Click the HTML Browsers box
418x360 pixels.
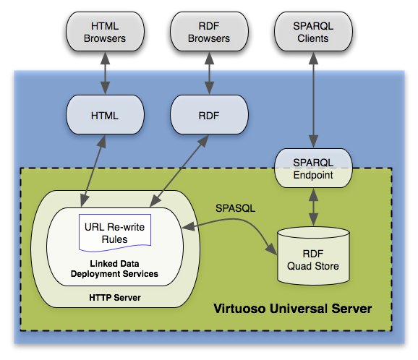105,31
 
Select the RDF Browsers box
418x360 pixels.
209,31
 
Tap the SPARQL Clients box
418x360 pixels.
313,31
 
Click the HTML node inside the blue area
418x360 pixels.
105,115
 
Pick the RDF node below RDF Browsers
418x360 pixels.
209,115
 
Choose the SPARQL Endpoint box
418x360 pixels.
313,168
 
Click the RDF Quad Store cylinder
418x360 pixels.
313,256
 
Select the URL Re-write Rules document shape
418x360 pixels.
115,233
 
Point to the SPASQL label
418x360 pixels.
235,208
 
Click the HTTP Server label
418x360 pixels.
115,297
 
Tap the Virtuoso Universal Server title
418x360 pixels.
292,309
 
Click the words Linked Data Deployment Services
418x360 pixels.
114,269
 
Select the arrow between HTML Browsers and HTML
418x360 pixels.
105,73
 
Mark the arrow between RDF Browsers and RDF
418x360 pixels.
209,73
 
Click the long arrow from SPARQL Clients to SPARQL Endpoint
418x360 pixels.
313,100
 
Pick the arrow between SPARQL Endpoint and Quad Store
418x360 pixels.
313,207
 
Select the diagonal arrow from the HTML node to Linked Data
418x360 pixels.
93,171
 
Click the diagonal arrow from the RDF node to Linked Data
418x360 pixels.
179,171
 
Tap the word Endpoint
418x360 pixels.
313,175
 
